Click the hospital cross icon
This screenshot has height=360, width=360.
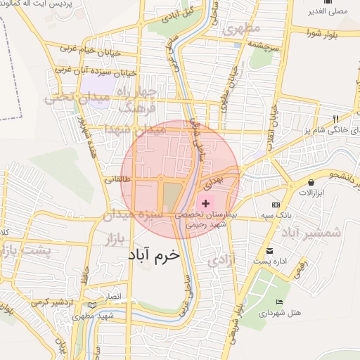click(205, 203)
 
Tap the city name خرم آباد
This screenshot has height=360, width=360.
click(155, 257)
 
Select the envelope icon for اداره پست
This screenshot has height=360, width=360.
click(269, 251)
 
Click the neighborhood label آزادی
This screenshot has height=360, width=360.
click(224, 259)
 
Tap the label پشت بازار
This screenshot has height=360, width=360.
click(25, 251)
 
